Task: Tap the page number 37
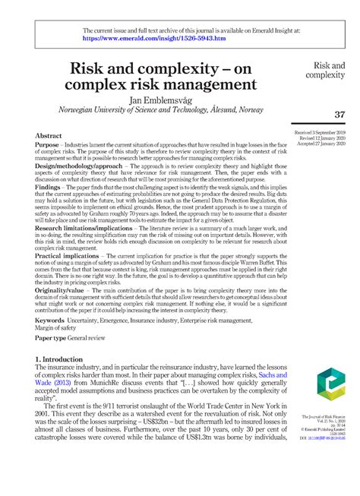(x=339, y=114)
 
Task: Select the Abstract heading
(x=49, y=134)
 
